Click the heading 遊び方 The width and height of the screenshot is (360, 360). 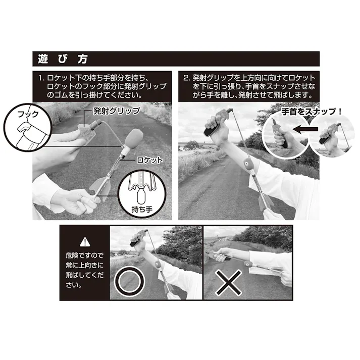(x=63, y=59)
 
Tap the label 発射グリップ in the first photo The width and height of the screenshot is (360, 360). (x=117, y=111)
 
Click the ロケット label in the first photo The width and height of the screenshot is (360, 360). (x=149, y=160)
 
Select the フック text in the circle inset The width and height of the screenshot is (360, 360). (x=28, y=114)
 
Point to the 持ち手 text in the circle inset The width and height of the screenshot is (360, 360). (x=142, y=209)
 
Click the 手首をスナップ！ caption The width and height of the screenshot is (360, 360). (x=312, y=112)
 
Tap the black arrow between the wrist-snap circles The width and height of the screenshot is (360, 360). (x=306, y=129)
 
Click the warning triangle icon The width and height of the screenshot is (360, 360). (x=85, y=242)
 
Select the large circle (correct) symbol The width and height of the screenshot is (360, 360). (x=129, y=281)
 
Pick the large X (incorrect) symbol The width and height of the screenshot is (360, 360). (x=229, y=283)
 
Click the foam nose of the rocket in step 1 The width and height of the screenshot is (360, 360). (x=134, y=139)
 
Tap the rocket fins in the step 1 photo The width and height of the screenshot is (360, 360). (x=99, y=189)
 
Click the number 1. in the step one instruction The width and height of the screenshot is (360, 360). (x=41, y=78)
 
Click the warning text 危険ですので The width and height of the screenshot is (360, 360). (x=85, y=255)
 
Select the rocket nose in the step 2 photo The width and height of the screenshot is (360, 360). (x=248, y=164)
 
